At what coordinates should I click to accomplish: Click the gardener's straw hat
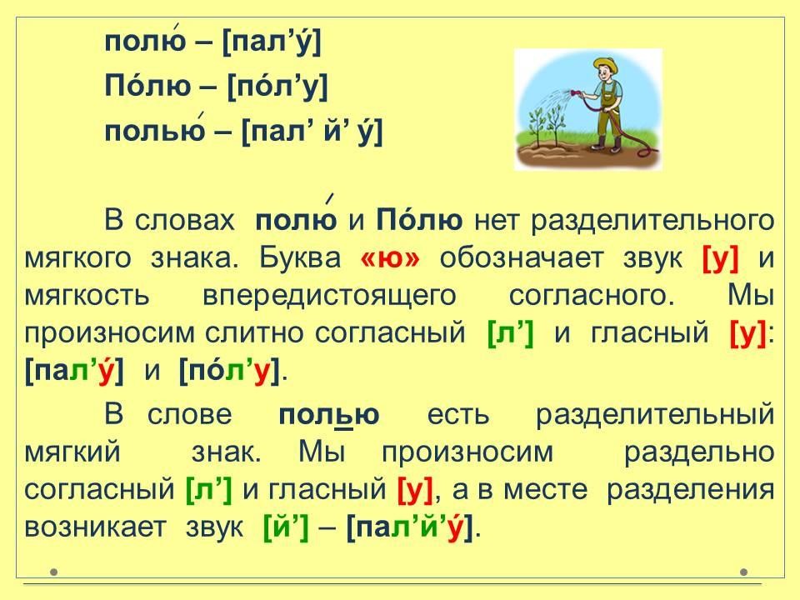coord(605,65)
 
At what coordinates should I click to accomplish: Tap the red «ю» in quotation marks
coord(390,257)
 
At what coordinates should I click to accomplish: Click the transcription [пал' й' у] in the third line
coord(311,132)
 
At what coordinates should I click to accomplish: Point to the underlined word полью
coord(329,415)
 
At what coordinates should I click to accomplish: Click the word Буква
coord(300,257)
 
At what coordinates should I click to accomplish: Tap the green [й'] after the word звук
coord(286,528)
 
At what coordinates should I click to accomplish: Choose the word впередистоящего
coord(329,296)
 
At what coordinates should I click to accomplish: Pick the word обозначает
coord(522,257)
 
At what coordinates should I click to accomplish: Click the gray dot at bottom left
coord(54,572)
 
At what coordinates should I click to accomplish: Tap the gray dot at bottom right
coord(744,572)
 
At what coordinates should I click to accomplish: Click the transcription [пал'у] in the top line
coord(272,42)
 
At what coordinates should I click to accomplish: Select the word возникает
coord(95,527)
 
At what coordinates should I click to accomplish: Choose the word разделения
coord(690,491)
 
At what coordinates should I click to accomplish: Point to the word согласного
coord(592,296)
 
